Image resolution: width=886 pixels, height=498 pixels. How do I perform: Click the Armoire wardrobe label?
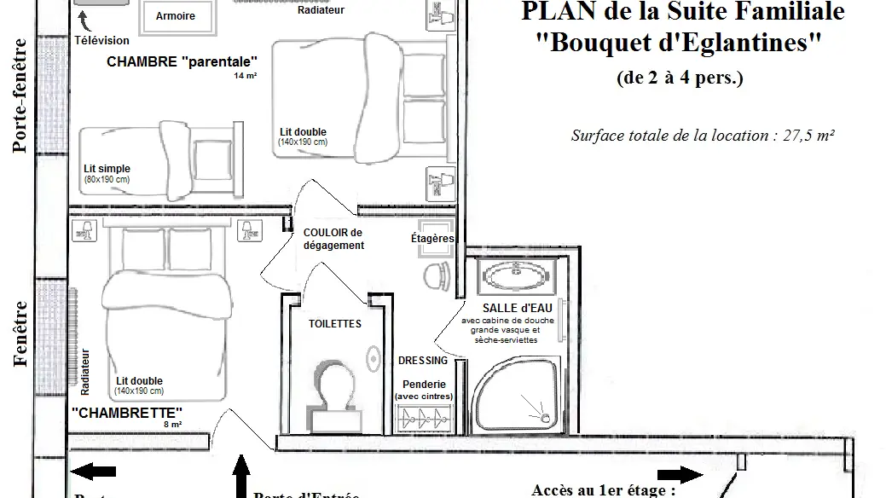coord(176,16)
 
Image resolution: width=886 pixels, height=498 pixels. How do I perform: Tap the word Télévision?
coord(101,40)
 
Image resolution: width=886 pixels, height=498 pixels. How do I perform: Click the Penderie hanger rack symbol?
coord(424,417)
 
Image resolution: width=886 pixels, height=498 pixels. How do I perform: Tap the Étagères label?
coord(432,239)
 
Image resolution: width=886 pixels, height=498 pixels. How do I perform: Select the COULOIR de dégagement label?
coord(333,239)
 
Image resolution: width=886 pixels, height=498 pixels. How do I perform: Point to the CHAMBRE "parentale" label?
coord(182,62)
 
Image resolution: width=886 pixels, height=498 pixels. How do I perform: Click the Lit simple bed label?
coord(107,169)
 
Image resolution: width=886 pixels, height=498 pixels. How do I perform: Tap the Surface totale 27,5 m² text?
coord(702,136)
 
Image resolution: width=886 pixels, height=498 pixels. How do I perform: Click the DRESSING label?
coord(423,361)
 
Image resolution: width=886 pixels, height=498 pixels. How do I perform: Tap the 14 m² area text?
coord(246,76)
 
